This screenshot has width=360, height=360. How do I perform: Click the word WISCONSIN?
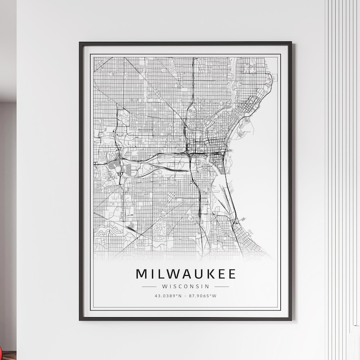point(185,286)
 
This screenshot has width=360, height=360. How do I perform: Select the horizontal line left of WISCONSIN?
point(149,286)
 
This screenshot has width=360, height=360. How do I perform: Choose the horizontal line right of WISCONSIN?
point(221,286)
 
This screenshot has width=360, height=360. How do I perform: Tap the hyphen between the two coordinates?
point(185,296)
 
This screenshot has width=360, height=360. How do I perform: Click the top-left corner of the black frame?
point(80,43)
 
